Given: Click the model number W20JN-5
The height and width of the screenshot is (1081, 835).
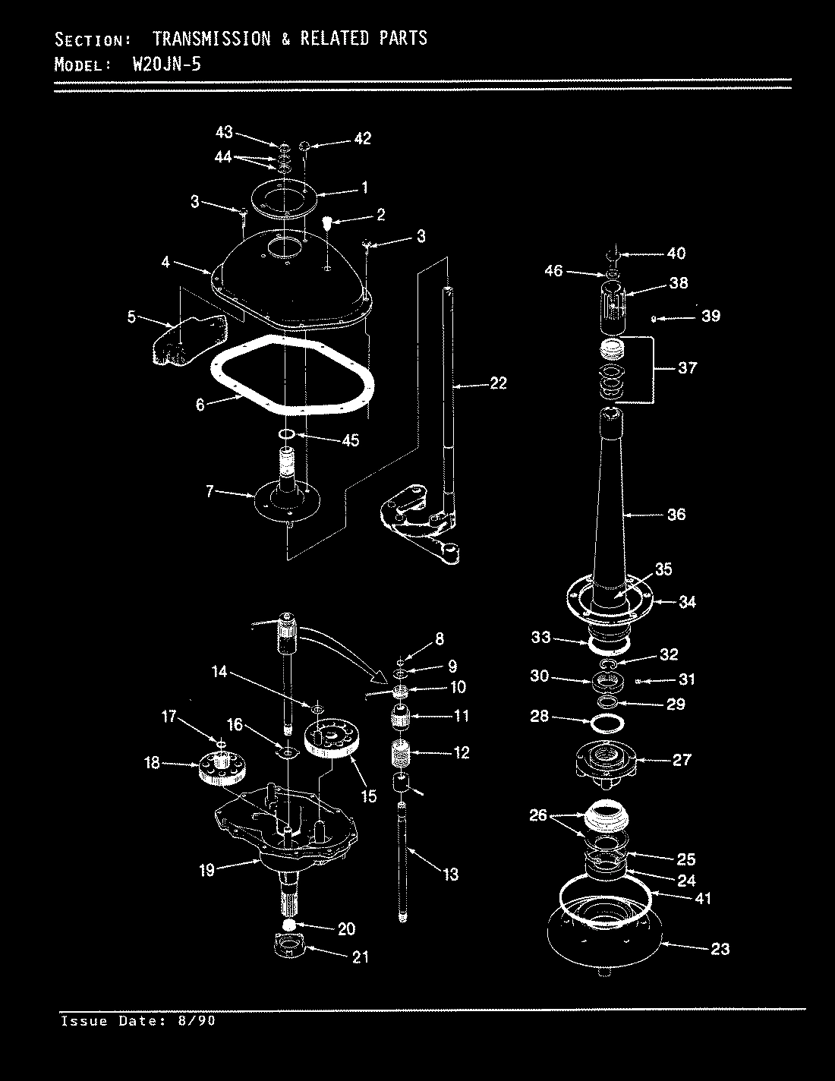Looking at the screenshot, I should click(x=166, y=65).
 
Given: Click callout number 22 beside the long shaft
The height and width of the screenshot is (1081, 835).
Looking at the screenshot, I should click(x=497, y=383).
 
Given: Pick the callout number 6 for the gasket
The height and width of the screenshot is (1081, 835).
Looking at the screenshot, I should click(x=200, y=405).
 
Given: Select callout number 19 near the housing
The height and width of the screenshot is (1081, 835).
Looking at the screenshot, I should click(x=207, y=870).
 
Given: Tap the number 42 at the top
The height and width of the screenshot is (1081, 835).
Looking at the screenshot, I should click(x=362, y=138).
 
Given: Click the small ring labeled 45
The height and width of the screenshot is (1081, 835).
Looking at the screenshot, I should click(x=287, y=434).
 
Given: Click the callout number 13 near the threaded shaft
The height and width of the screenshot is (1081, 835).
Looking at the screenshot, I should click(x=450, y=875).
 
